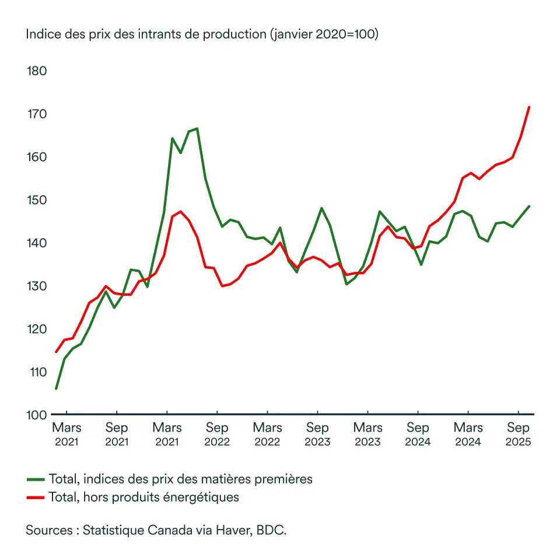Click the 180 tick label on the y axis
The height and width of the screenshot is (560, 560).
37,71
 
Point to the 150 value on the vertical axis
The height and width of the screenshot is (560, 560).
37,200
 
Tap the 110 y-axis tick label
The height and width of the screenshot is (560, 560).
37,372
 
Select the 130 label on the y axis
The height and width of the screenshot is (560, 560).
37,286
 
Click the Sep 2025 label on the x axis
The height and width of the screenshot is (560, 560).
518,434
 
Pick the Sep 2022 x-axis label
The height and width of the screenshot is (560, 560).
217,434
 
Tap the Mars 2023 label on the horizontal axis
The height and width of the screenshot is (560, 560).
367,434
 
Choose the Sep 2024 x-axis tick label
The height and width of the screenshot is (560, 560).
418,434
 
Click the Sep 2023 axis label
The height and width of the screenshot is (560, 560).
317,434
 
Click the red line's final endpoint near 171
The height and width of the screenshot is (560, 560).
528,107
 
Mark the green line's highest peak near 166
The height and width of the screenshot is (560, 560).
197,128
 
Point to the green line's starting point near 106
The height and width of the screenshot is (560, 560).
56,388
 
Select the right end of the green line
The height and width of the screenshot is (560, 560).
528,206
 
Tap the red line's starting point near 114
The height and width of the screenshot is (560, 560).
56,352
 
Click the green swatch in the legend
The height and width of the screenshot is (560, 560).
36,480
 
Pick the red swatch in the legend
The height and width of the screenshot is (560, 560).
36,498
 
